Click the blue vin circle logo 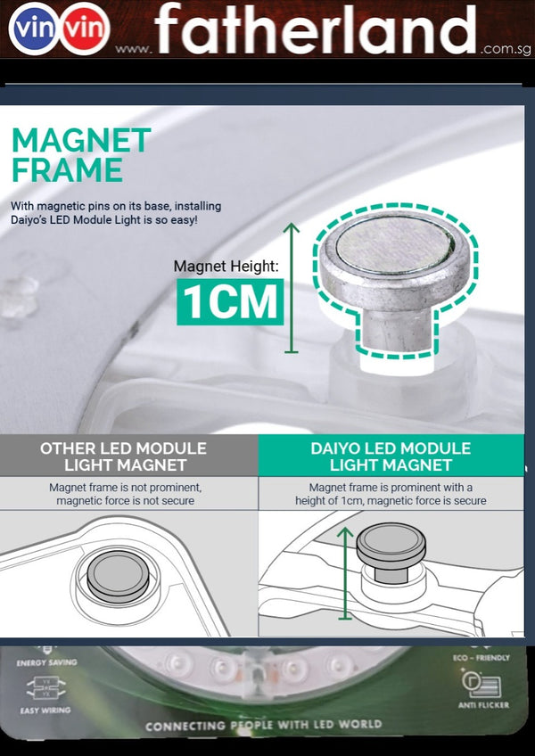[x=32, y=29]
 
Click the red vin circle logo [x=85, y=29]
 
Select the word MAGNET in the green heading [x=81, y=140]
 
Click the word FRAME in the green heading [x=67, y=169]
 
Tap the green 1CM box [x=230, y=301]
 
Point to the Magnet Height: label [x=226, y=267]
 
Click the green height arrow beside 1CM [x=291, y=288]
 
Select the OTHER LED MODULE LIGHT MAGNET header [x=124, y=456]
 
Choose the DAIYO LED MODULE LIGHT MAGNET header [x=391, y=456]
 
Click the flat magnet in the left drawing [x=119, y=576]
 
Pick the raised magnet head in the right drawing [x=391, y=546]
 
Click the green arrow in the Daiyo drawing [x=345, y=573]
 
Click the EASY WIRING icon [x=45, y=688]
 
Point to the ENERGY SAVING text [x=46, y=662]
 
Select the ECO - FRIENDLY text [x=481, y=658]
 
